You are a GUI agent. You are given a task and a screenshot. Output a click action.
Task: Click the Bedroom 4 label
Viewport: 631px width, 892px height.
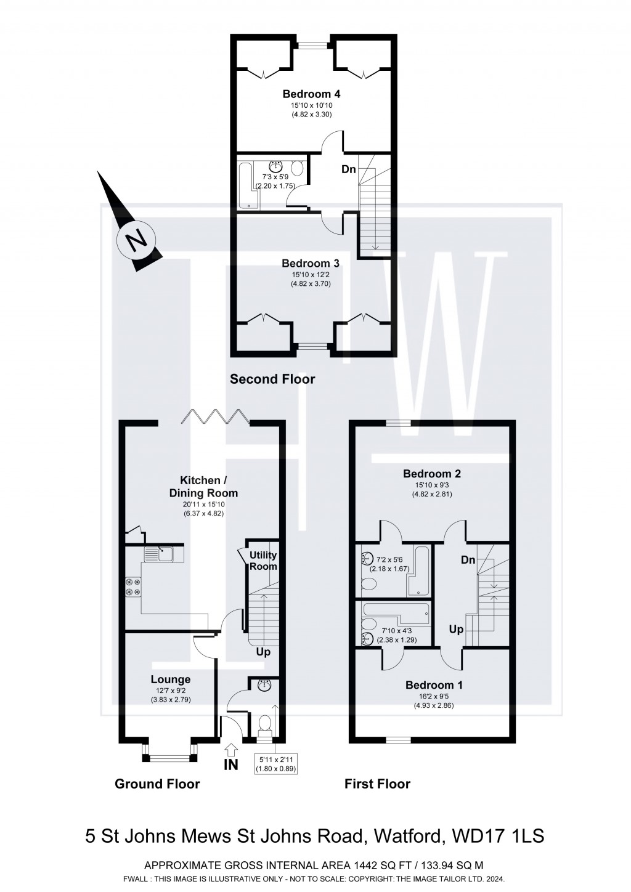click(x=311, y=94)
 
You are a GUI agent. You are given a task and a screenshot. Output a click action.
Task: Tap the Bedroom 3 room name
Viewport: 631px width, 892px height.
click(x=311, y=264)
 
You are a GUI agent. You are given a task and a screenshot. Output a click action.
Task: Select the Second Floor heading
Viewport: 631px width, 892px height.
click(x=272, y=379)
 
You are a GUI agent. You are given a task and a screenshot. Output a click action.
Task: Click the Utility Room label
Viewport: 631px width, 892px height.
click(x=263, y=561)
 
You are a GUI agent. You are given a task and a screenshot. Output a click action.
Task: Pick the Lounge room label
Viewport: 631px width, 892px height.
click(x=171, y=679)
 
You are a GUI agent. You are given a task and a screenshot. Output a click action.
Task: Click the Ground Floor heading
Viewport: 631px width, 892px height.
click(x=157, y=784)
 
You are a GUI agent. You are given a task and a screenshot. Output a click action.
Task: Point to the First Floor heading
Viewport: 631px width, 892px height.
click(x=377, y=784)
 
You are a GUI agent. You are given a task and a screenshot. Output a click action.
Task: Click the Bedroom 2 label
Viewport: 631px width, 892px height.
click(x=432, y=474)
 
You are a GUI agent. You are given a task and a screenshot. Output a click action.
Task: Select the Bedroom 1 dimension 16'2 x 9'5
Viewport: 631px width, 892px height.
click(x=434, y=697)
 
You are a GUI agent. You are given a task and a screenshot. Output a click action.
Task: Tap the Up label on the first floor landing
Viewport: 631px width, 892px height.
click(x=456, y=630)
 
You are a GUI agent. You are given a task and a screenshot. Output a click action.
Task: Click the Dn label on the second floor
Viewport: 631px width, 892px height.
click(x=349, y=169)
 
